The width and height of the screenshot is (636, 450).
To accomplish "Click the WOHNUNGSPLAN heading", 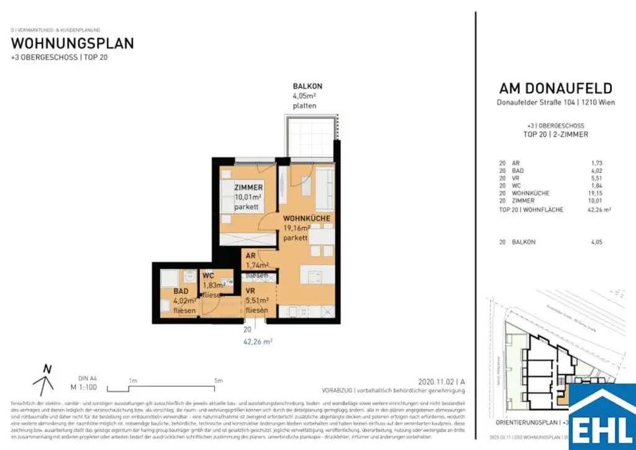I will coord(73,44).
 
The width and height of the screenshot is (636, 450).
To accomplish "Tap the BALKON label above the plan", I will coord(307,86).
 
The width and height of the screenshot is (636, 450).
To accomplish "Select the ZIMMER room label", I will coord(248,188).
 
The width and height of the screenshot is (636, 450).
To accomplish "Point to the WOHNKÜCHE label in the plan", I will coord(307,219).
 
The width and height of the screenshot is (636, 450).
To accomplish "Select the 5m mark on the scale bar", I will coord(218,381).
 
